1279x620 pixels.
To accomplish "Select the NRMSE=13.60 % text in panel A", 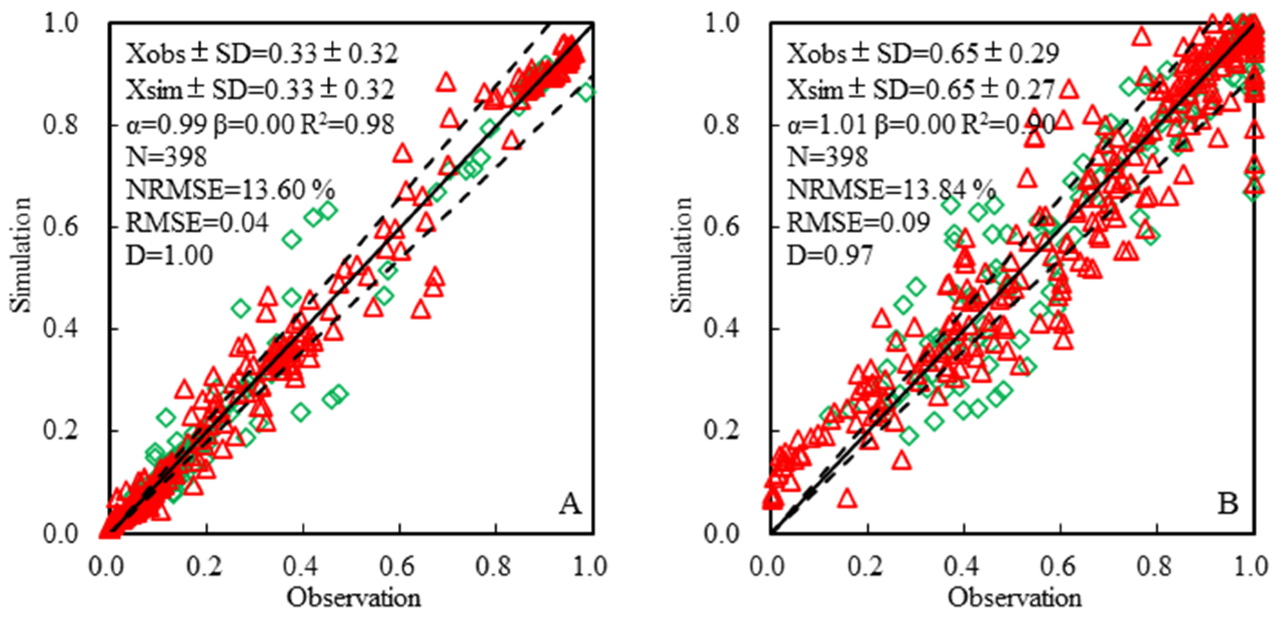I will [x=230, y=190].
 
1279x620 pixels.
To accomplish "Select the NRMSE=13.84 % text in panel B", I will [x=891, y=190].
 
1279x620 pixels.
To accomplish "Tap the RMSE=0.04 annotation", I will [x=197, y=223].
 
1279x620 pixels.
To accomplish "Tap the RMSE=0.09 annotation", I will [x=858, y=223].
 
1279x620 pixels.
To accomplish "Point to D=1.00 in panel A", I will [x=169, y=255].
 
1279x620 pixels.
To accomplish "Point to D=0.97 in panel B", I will [x=830, y=255].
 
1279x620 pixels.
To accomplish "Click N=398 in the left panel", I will [x=166, y=157].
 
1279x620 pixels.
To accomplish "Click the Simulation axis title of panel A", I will [x=21, y=255].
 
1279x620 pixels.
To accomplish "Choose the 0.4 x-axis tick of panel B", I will [x=963, y=567].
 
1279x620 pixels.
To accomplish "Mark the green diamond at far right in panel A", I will [x=587, y=92].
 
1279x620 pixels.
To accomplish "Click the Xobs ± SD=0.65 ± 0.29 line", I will [x=922, y=54].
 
